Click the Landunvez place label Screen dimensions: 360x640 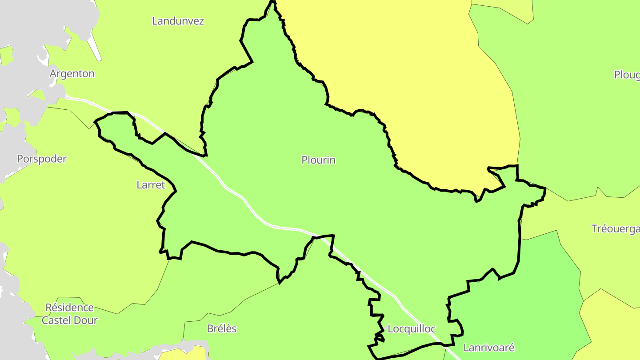tap(178, 21)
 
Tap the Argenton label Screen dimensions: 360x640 tap(72, 74)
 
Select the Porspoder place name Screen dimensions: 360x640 tap(42, 159)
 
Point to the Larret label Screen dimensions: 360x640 tap(151, 185)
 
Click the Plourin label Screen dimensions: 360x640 tap(318, 160)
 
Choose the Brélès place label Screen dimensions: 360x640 tap(222, 329)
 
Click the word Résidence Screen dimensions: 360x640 tap(70, 308)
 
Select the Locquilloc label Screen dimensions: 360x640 tap(412, 329)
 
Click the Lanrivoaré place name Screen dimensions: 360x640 tap(489, 348)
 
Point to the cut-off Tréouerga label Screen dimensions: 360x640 tap(615, 229)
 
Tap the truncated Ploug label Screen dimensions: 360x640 tap(627, 75)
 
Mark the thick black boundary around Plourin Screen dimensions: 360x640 tap(519, 240)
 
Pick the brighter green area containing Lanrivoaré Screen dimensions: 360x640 tap(524, 302)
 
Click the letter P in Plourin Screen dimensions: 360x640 tap(304, 160)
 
